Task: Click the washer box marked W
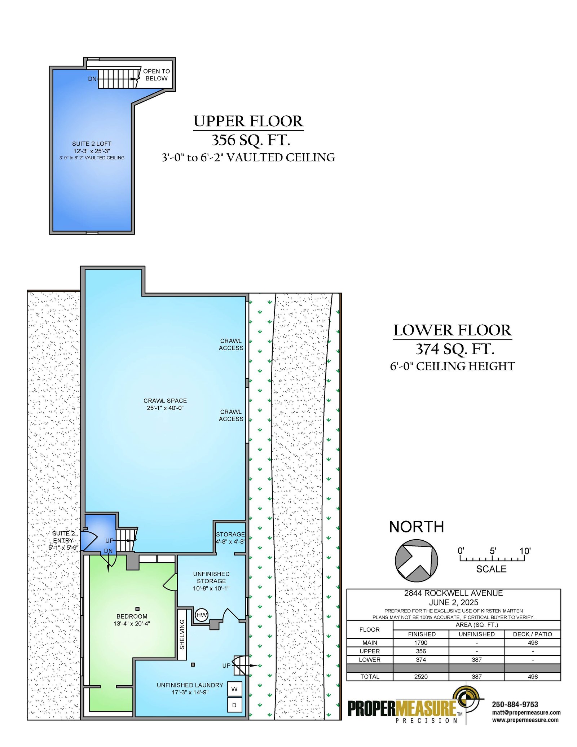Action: click(234, 689)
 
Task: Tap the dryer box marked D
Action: click(234, 705)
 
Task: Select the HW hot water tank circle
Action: click(202, 615)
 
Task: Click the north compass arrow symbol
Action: click(417, 561)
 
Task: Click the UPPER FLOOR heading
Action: click(248, 121)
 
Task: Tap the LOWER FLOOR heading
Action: click(452, 330)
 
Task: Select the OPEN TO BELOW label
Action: click(157, 75)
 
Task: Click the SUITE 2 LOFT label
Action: click(92, 144)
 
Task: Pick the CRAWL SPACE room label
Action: click(165, 401)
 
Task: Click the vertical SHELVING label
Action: click(182, 634)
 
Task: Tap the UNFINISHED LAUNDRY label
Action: click(190, 685)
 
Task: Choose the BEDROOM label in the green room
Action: click(132, 616)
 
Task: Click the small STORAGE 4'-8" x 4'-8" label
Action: click(230, 538)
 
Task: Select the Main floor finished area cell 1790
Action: click(421, 643)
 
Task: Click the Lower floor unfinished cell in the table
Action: click(477, 660)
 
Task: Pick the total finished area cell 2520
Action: click(421, 677)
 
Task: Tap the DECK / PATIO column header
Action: click(533, 634)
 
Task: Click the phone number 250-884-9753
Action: click(515, 704)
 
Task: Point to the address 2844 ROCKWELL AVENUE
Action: click(453, 593)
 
